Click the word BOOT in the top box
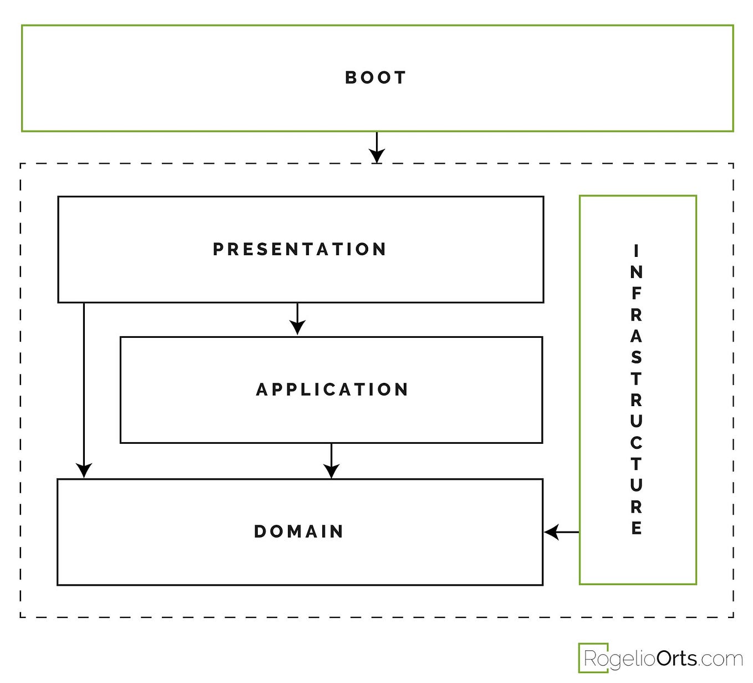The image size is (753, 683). [x=375, y=78]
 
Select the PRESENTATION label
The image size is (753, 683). [x=299, y=249]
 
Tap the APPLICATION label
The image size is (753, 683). [x=332, y=389]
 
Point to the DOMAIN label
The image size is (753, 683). [x=299, y=532]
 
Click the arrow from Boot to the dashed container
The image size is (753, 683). [x=377, y=148]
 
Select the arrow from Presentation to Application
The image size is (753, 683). [x=298, y=320]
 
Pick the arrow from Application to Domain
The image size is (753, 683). [x=332, y=461]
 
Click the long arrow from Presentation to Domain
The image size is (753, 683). [x=84, y=388]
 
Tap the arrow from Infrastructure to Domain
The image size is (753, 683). [x=561, y=532]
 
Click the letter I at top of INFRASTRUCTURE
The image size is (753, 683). [x=637, y=251]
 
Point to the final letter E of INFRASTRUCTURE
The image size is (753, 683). [x=637, y=528]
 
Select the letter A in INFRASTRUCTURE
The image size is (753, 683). [x=637, y=336]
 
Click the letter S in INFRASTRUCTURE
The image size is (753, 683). [x=637, y=357]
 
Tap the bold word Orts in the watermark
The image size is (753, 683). [x=676, y=659]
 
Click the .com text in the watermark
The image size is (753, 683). [x=720, y=659]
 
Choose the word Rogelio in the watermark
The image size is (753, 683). [x=620, y=659]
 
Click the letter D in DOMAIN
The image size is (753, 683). [x=260, y=532]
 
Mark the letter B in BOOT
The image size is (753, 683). [x=351, y=78]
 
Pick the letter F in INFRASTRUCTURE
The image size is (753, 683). [x=637, y=294]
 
